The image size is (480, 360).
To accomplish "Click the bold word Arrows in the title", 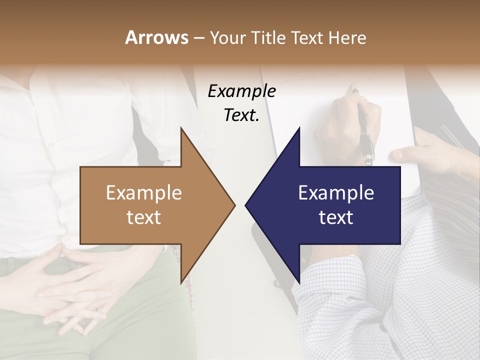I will pyautogui.click(x=157, y=37).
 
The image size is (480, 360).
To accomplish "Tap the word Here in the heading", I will pyautogui.click(x=346, y=37).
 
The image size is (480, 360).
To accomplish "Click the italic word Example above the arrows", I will pyautogui.click(x=241, y=91).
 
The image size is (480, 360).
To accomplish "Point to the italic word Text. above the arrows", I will pyautogui.click(x=241, y=115).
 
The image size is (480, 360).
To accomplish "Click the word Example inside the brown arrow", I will pyautogui.click(x=144, y=193).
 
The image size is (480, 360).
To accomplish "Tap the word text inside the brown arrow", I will pyautogui.click(x=144, y=217).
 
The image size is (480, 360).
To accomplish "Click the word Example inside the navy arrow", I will pyautogui.click(x=336, y=193).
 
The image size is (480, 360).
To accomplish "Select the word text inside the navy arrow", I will pyautogui.click(x=336, y=217).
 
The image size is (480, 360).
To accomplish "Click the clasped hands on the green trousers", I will pyautogui.click(x=75, y=280).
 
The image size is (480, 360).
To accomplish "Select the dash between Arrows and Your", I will pyautogui.click(x=198, y=38).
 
